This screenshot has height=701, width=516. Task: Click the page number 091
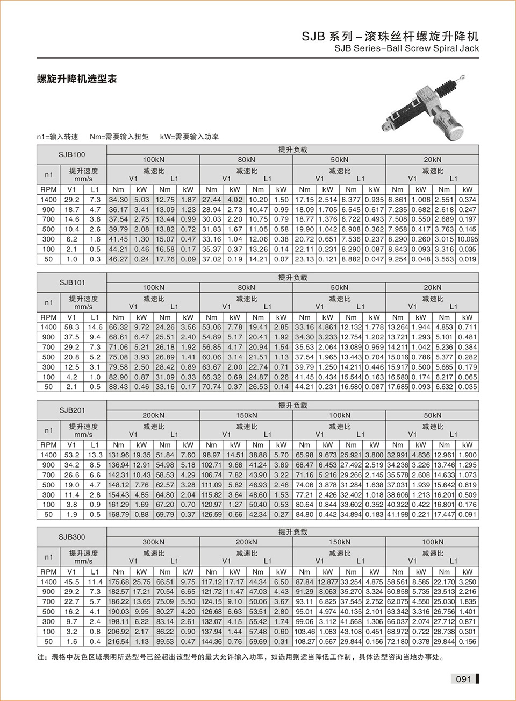463,679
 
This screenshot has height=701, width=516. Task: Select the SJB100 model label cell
72,154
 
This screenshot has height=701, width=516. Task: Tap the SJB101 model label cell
72,282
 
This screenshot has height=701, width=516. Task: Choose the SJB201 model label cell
72,410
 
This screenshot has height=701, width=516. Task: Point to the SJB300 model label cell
72,537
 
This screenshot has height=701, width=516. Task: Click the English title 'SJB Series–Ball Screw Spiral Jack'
406,48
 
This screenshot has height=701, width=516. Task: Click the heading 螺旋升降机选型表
77,79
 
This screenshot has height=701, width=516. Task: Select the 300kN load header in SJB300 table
153,542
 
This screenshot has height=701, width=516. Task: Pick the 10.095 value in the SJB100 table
467,239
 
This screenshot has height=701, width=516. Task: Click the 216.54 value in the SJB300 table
118,641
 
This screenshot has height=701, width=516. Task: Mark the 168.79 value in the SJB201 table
118,514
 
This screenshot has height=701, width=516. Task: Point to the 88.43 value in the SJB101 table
118,386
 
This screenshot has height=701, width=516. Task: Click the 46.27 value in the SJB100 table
118,259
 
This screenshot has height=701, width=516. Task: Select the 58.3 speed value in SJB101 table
72,327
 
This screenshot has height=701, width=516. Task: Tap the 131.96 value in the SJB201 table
118,455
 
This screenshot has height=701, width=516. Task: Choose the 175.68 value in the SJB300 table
118,582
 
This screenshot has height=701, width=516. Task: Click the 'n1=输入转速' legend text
58,137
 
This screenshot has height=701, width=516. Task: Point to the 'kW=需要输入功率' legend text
189,137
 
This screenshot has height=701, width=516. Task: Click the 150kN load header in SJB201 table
246,415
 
